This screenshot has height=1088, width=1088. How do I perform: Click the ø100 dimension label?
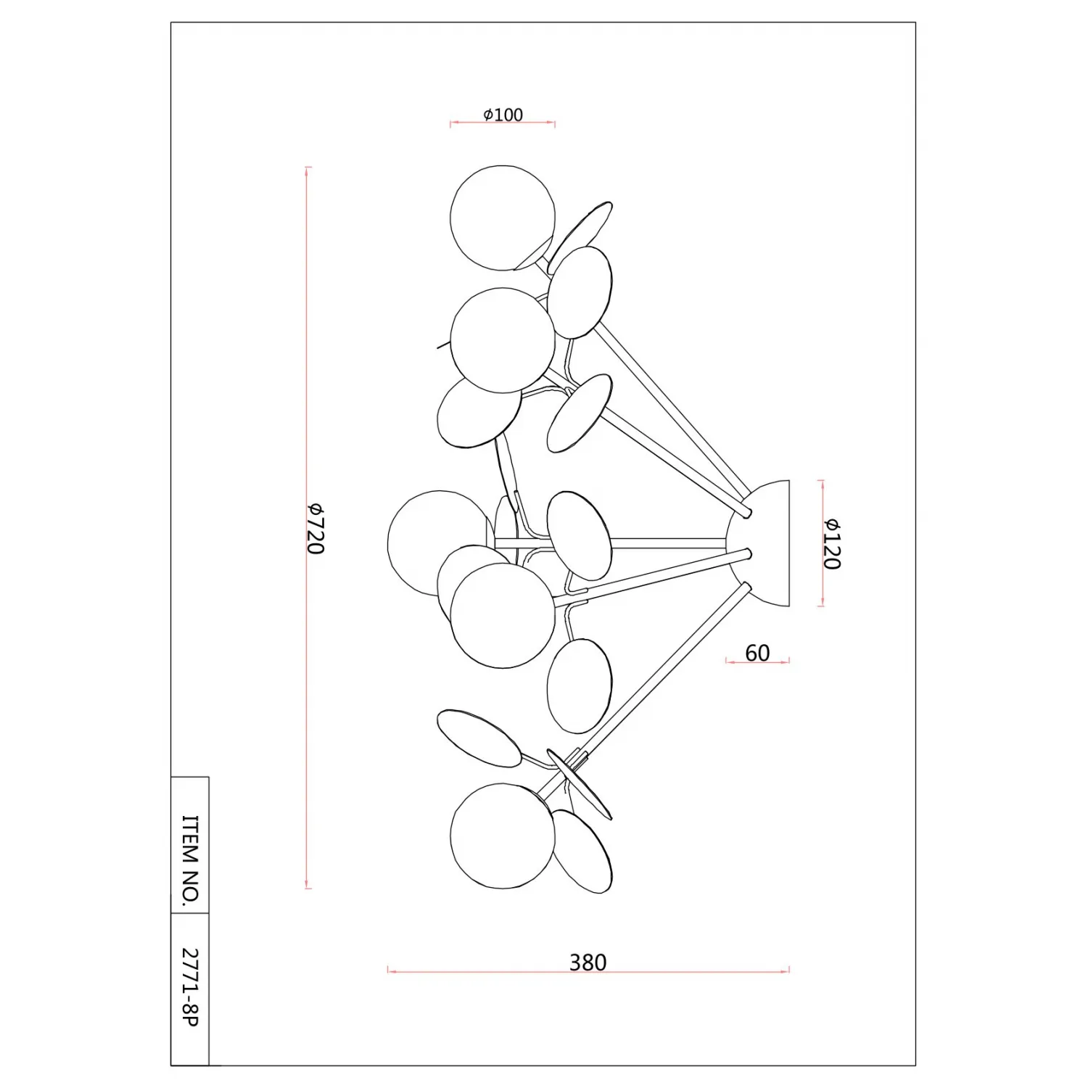coord(503,115)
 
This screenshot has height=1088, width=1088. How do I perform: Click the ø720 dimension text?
coord(314,528)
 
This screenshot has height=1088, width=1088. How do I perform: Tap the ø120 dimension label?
coord(831,543)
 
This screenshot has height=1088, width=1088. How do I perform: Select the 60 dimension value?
coord(757,653)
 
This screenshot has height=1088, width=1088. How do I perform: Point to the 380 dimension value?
coord(588,963)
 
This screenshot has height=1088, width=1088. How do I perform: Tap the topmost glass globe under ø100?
coord(503,218)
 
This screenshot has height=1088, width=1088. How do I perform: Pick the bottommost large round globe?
coord(503,836)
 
